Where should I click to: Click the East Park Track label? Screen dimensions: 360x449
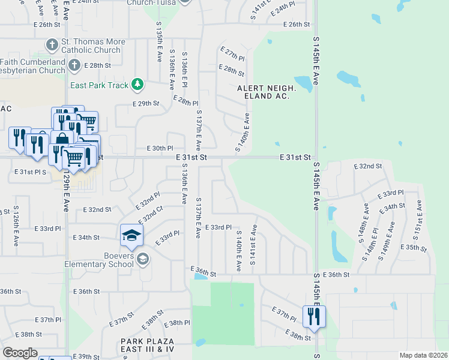(100, 85)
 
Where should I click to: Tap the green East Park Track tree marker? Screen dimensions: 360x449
(137, 85)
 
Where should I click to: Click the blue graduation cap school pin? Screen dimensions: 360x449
(131, 235)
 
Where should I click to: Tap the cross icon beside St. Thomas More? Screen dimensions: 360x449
(52, 45)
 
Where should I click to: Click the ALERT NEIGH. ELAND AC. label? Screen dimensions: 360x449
(264, 92)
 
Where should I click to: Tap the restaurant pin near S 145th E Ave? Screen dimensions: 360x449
(314, 316)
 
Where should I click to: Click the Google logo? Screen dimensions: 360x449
(19, 352)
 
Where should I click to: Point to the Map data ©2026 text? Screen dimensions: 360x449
(423, 355)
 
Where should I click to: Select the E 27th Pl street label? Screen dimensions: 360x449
(232, 54)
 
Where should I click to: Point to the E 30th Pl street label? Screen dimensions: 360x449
(160, 148)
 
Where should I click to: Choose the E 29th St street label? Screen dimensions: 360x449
(146, 104)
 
